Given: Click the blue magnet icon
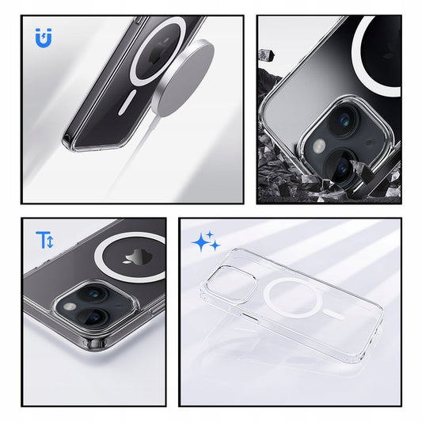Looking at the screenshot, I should pos(44,36).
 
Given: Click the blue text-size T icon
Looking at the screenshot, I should pos(44,240).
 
